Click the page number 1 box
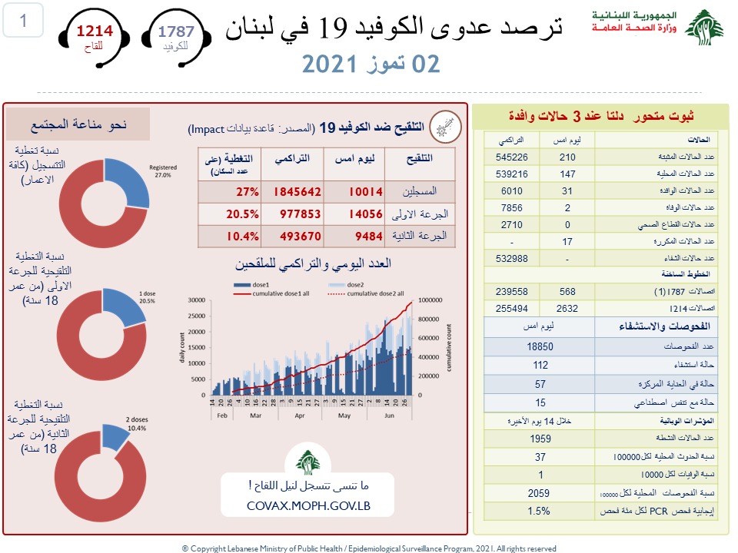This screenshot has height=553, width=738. [24, 22]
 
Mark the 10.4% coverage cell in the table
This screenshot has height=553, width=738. [241, 236]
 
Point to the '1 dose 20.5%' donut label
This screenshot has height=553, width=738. [148, 297]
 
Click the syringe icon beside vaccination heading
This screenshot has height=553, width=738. [445, 125]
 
